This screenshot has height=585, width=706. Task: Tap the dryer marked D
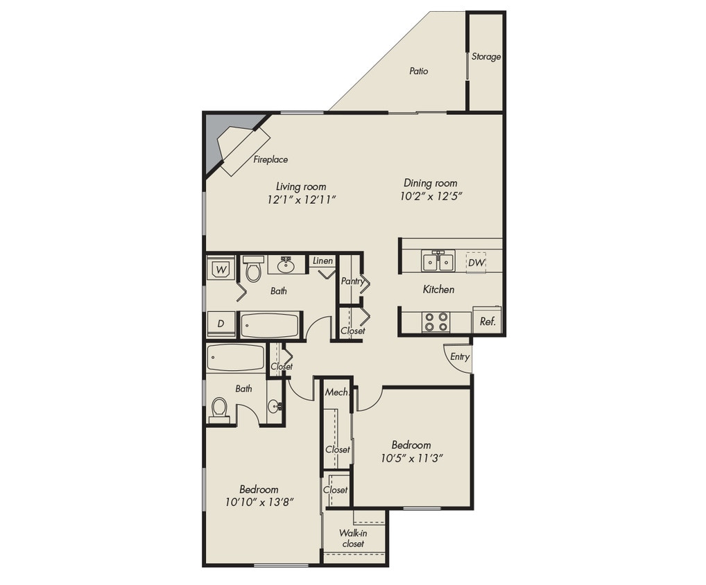point(221,324)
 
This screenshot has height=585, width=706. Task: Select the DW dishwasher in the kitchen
point(476,263)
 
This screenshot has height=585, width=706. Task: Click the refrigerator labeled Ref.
point(487,322)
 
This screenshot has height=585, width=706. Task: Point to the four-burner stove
point(436,322)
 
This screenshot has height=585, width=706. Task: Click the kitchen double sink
point(438,261)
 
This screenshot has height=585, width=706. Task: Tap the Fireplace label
point(270,160)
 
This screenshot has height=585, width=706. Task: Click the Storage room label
point(485,57)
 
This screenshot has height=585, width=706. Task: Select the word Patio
point(418,71)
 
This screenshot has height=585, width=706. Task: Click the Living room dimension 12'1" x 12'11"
point(301,200)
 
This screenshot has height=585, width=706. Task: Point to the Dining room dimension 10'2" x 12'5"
point(431,196)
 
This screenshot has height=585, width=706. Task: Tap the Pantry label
point(352,281)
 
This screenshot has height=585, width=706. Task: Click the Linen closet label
point(322,261)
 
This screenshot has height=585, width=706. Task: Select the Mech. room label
point(336,392)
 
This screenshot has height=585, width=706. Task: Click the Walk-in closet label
point(352,539)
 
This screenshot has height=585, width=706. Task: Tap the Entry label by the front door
point(460,357)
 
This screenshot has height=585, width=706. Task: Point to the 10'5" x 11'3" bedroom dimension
point(412,457)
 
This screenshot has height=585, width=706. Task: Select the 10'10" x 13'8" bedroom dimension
point(259,502)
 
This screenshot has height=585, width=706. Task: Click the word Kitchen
point(438,289)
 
